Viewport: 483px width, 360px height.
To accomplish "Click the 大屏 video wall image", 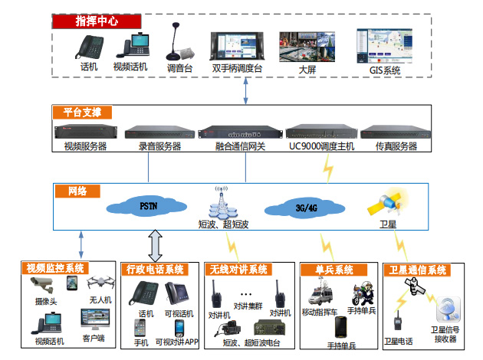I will point(307,46).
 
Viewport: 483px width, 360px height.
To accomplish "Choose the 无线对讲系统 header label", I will point(238,269).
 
